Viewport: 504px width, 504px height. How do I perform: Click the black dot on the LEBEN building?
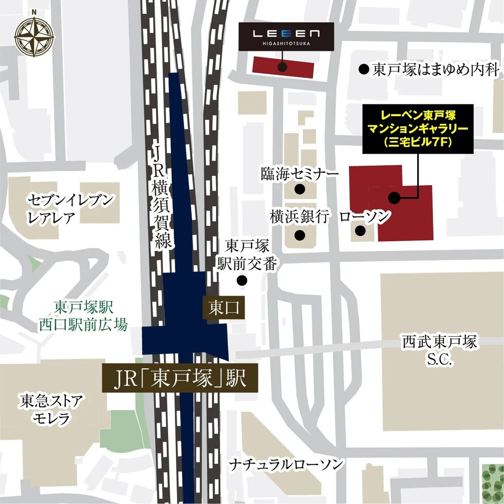282,66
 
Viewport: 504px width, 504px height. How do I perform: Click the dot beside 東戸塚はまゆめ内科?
364,68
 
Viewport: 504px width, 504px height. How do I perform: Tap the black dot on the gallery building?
394,197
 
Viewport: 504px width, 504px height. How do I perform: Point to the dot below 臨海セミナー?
300,189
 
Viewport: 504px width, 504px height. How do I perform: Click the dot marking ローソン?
361,231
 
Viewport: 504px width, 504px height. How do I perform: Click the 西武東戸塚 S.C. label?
440,350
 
